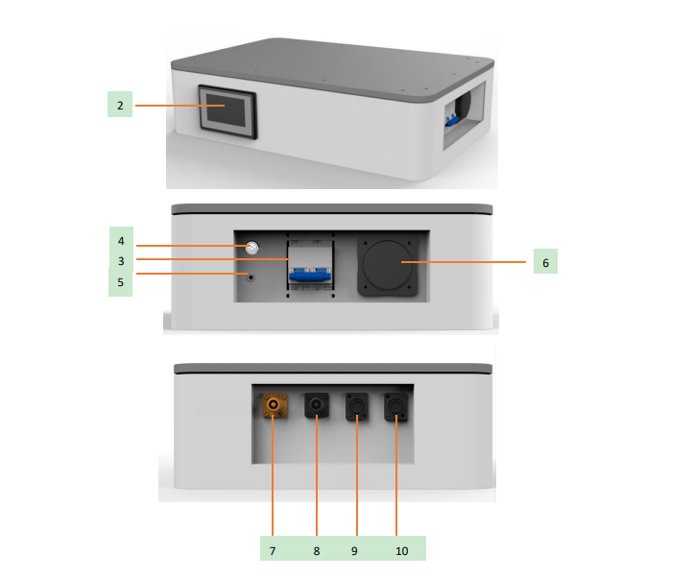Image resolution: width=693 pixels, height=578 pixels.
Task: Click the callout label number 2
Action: coord(120,105)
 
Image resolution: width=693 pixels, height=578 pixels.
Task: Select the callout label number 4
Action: coord(120,240)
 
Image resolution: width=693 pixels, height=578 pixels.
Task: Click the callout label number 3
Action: coord(120,260)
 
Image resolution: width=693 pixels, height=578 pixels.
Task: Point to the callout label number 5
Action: coord(120,282)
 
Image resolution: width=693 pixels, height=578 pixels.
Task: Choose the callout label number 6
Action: coord(544,261)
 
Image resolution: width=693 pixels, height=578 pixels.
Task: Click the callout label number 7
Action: coord(273,551)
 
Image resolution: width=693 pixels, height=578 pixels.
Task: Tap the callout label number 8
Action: coord(316,551)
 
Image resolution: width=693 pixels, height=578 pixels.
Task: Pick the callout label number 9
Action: coord(356,551)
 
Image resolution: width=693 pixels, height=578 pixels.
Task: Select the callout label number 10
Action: coord(401,551)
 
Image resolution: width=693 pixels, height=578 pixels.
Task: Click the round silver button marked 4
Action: coord(252,248)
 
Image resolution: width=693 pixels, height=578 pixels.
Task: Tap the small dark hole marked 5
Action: coord(251,277)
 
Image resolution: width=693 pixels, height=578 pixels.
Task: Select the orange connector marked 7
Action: coord(274,407)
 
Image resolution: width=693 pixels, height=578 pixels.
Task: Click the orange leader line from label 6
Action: coord(470,261)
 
